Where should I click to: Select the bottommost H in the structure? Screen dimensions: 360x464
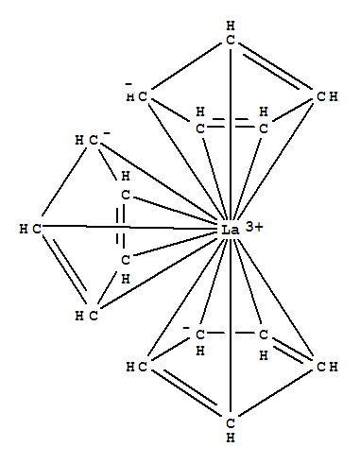[230, 430]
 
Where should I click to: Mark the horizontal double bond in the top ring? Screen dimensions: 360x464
[231, 123]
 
